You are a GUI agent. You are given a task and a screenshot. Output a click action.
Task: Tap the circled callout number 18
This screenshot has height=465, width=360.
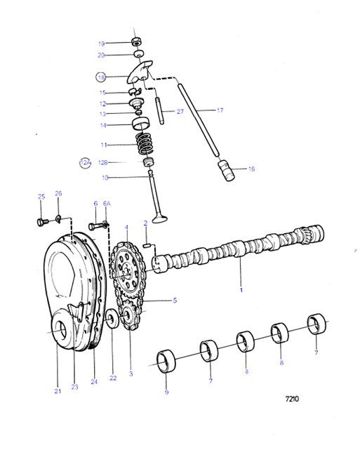tap(102, 78)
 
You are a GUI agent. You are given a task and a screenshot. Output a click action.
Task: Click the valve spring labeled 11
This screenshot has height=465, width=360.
tap(143, 145)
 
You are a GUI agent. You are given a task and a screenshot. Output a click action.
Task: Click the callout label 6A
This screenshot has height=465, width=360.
tap(107, 204)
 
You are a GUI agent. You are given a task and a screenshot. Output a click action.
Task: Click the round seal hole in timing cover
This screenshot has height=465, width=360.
tap(61, 330)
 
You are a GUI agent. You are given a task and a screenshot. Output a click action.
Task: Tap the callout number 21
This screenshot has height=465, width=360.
tap(57, 390)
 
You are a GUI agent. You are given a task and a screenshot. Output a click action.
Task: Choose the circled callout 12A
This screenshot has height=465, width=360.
tap(85, 162)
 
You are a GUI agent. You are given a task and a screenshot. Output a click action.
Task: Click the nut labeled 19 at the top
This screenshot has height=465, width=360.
tap(138, 42)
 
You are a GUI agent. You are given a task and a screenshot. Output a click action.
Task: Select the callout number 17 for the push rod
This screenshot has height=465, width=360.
tap(220, 110)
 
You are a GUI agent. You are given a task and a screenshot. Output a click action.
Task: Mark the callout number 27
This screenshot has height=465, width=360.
tap(180, 111)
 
